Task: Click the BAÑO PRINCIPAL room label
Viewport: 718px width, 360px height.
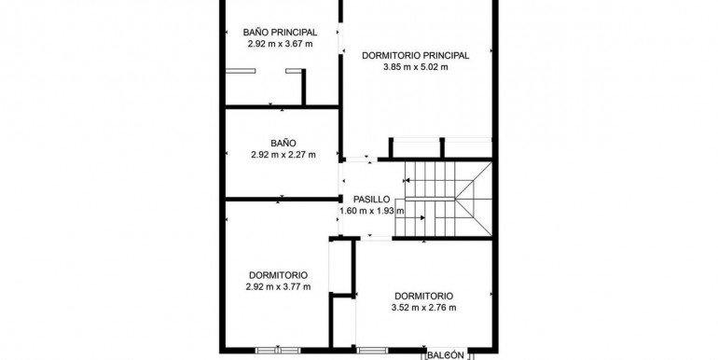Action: pos(281,33)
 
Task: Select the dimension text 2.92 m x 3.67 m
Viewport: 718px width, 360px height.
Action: pos(281,44)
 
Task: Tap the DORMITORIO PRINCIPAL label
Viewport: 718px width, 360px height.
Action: pos(416,55)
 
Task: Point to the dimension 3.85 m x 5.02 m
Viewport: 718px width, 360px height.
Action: pos(416,67)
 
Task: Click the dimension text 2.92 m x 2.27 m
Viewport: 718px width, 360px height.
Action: pos(283,155)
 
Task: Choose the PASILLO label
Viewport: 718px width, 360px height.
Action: pos(372,200)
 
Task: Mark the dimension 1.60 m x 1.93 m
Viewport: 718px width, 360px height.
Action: pos(372,211)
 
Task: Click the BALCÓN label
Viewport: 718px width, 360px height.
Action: pos(446,355)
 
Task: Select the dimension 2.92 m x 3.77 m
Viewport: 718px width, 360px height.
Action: pos(279,287)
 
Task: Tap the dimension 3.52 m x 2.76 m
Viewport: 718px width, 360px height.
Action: pos(424,308)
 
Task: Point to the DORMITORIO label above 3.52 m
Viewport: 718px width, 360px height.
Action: pos(424,297)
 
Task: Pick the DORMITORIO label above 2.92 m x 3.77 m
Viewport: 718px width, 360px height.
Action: pos(279,275)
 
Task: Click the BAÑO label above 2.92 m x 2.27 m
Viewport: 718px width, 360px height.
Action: pos(283,143)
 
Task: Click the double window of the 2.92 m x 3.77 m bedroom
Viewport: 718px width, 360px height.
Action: pos(278,351)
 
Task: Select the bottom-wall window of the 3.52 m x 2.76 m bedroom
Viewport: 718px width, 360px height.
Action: pos(372,351)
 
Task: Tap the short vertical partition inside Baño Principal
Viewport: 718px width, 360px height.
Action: pos(304,87)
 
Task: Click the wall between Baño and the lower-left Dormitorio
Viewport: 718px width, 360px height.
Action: pos(282,200)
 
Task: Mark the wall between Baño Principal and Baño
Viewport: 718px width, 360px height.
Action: pos(282,106)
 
